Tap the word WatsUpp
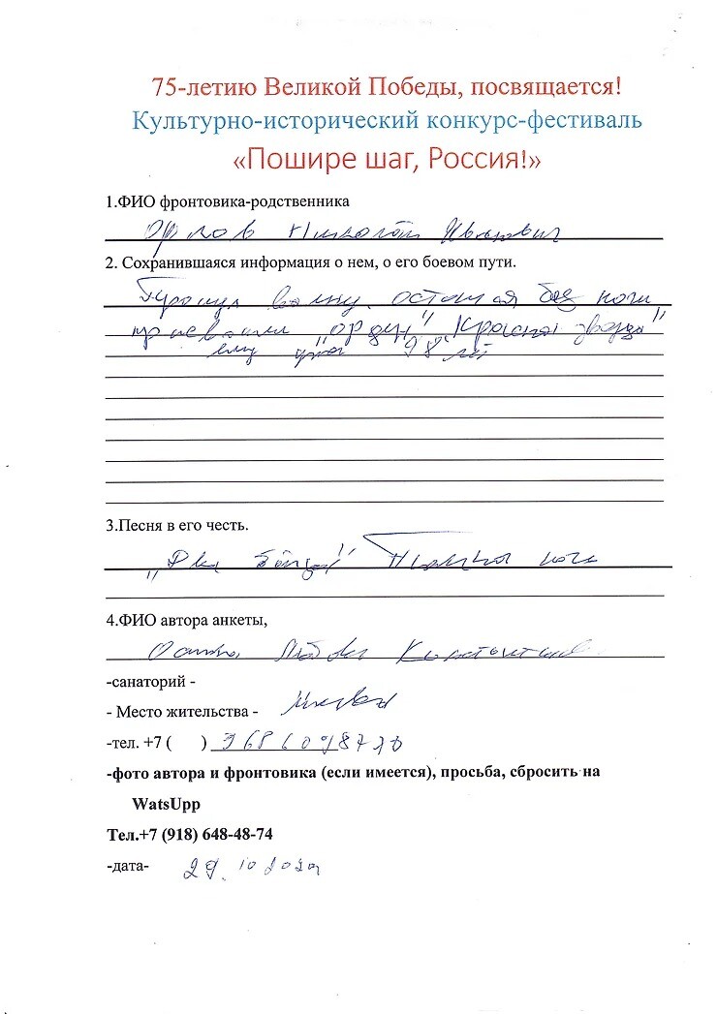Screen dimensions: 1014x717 pos(167,804)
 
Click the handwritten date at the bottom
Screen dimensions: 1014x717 pos(253,868)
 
